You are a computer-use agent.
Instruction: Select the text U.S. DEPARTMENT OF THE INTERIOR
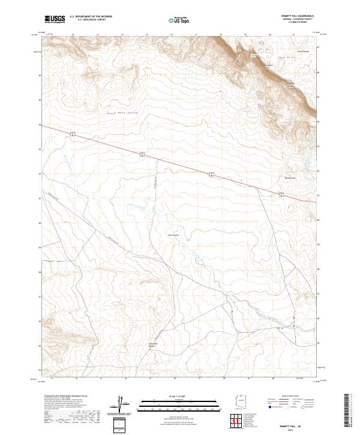(91, 17)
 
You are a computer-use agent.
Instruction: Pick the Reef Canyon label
(173, 235)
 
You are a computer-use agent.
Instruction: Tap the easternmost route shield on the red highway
(281, 194)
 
